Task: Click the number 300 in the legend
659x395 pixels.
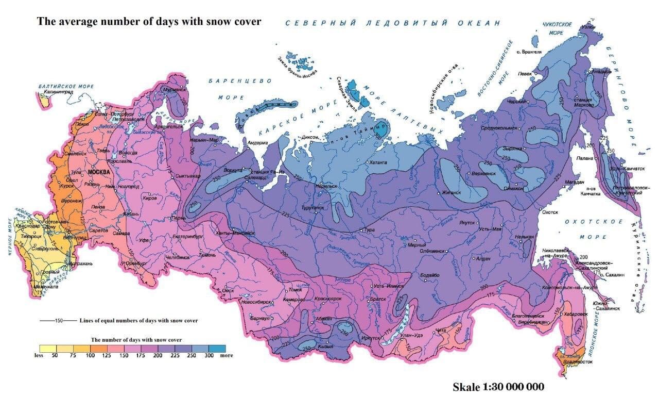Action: click(210, 355)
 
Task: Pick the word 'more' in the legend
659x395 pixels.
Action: click(227, 355)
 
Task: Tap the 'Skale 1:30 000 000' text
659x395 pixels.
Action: click(498, 386)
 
